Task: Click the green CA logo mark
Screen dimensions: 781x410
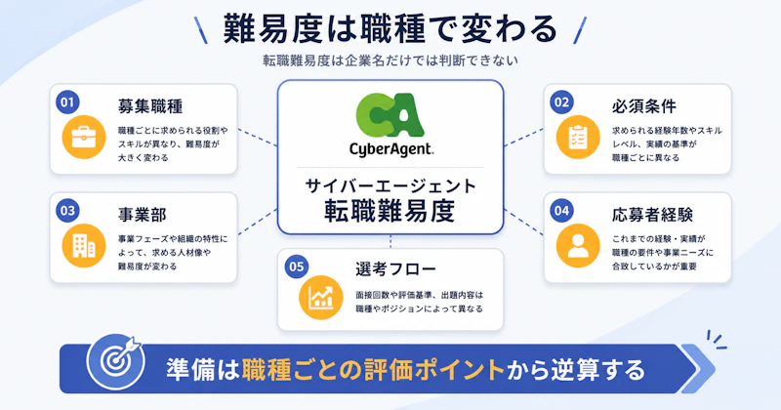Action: (390, 115)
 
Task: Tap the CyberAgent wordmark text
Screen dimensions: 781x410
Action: (391, 149)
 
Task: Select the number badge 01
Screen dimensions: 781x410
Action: (67, 102)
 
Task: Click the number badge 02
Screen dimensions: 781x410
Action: (561, 102)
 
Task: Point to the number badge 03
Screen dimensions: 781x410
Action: (67, 211)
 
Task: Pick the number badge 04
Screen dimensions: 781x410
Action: (561, 211)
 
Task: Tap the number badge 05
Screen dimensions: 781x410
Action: (297, 266)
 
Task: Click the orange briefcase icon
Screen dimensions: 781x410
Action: (84, 138)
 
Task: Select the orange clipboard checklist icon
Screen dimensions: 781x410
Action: (578, 138)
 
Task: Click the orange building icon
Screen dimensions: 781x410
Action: (84, 246)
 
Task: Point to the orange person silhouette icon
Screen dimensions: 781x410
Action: (578, 246)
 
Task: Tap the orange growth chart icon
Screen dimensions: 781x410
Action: (321, 298)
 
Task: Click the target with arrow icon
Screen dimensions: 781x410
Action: (115, 360)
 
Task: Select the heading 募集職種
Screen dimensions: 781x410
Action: (150, 106)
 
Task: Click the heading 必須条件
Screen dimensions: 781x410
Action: (644, 106)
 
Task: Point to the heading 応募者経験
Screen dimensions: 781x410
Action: (652, 215)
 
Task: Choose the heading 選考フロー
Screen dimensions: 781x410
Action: (396, 269)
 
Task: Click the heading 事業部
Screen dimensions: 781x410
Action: (143, 215)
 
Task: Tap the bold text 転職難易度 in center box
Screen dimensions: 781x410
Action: (390, 211)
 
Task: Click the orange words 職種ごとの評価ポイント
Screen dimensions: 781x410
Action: (374, 370)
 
